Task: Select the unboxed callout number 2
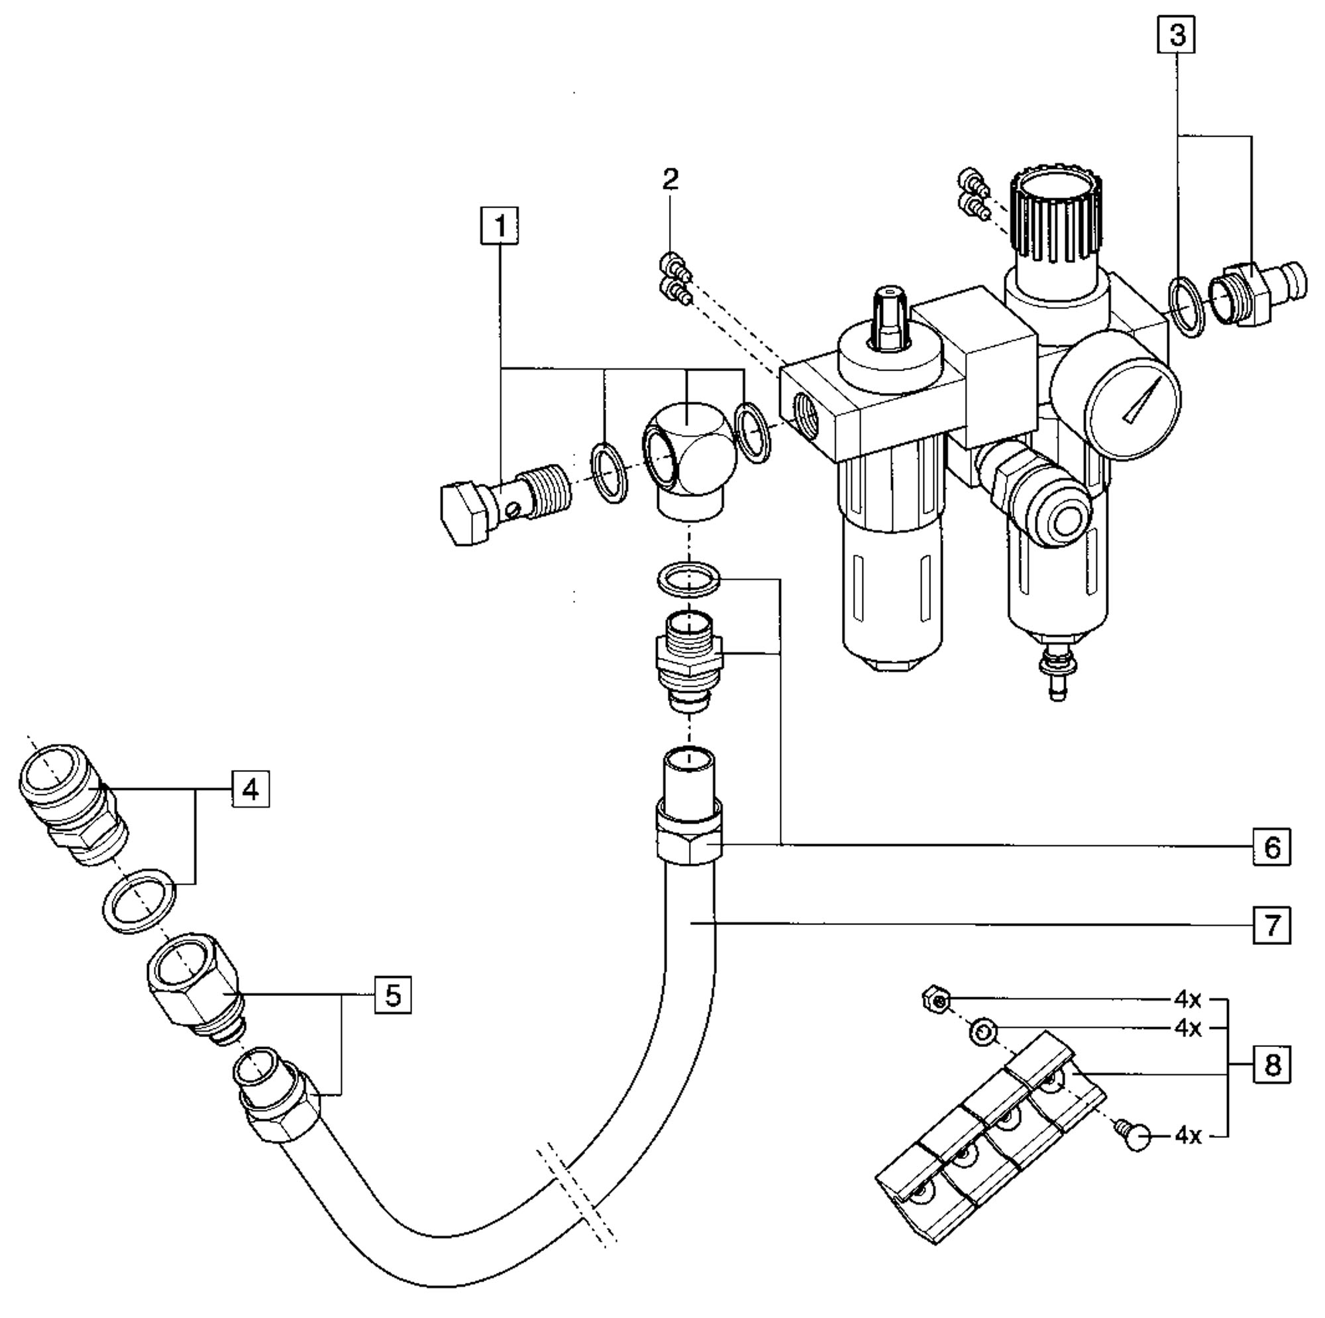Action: coord(670,180)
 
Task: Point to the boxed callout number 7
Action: coord(1272,925)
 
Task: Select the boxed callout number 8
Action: coord(1272,1065)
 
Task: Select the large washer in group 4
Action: coord(139,900)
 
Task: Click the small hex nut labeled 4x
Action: coord(937,1000)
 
